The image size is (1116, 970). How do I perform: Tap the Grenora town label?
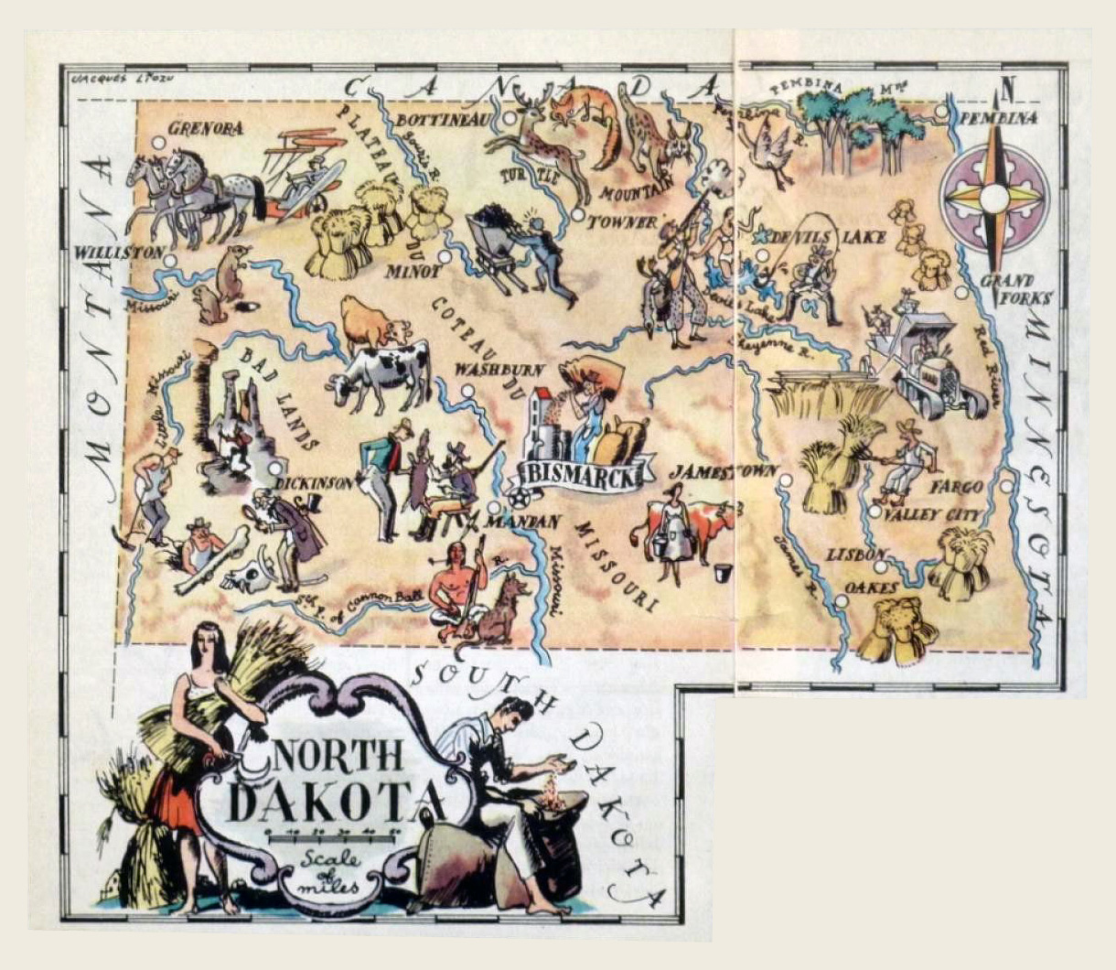(206, 128)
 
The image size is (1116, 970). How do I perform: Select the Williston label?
(119, 252)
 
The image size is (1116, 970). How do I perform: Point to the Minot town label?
(405, 272)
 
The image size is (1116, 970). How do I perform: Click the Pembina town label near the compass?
(998, 118)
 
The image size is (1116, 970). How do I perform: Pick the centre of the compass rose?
(994, 197)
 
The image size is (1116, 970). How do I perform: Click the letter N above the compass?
(1008, 90)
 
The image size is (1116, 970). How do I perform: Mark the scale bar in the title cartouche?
(330, 834)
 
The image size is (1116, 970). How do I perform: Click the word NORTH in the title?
(339, 756)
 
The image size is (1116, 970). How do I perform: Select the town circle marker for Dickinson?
(275, 468)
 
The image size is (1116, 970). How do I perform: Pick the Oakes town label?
(871, 587)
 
